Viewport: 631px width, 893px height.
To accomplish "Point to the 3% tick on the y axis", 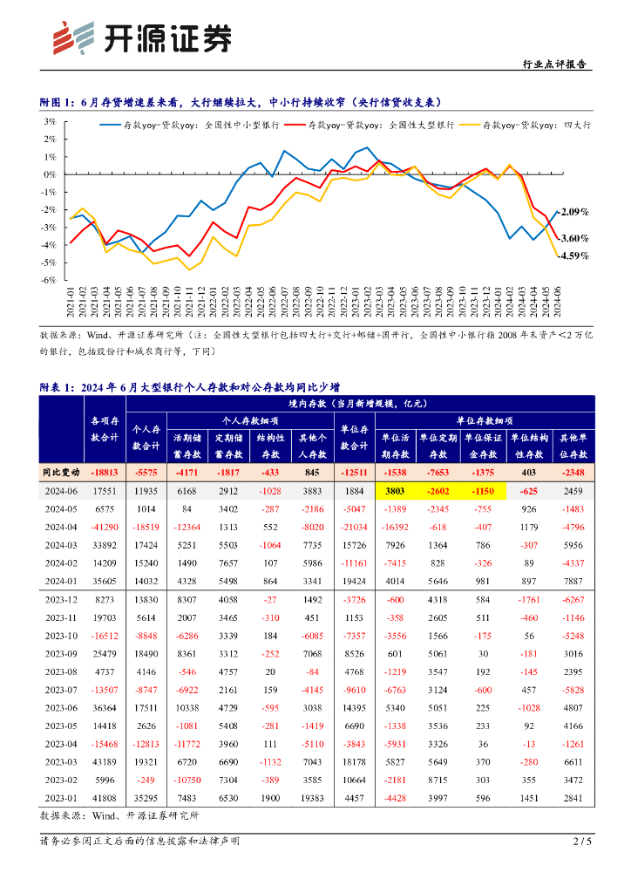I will tap(51, 121).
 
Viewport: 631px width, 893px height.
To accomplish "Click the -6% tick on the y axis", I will tap(51, 281).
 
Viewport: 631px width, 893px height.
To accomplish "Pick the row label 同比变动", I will tap(61, 472).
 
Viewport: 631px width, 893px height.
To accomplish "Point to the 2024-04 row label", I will tap(61, 527).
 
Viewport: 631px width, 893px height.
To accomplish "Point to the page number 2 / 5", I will tap(582, 842).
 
